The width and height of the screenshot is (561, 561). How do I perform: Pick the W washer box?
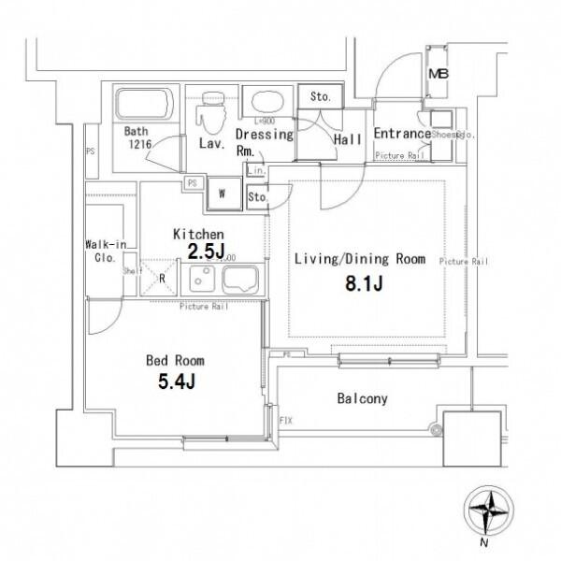(x=223, y=194)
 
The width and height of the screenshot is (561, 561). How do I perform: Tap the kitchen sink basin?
(x=241, y=278)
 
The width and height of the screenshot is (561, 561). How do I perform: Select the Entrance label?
(x=401, y=134)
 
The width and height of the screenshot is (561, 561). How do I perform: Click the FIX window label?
(x=285, y=422)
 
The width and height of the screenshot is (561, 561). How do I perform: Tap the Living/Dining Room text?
(x=360, y=258)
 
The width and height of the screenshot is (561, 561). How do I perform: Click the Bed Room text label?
(x=175, y=360)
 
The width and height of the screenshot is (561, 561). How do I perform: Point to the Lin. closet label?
(x=256, y=170)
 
